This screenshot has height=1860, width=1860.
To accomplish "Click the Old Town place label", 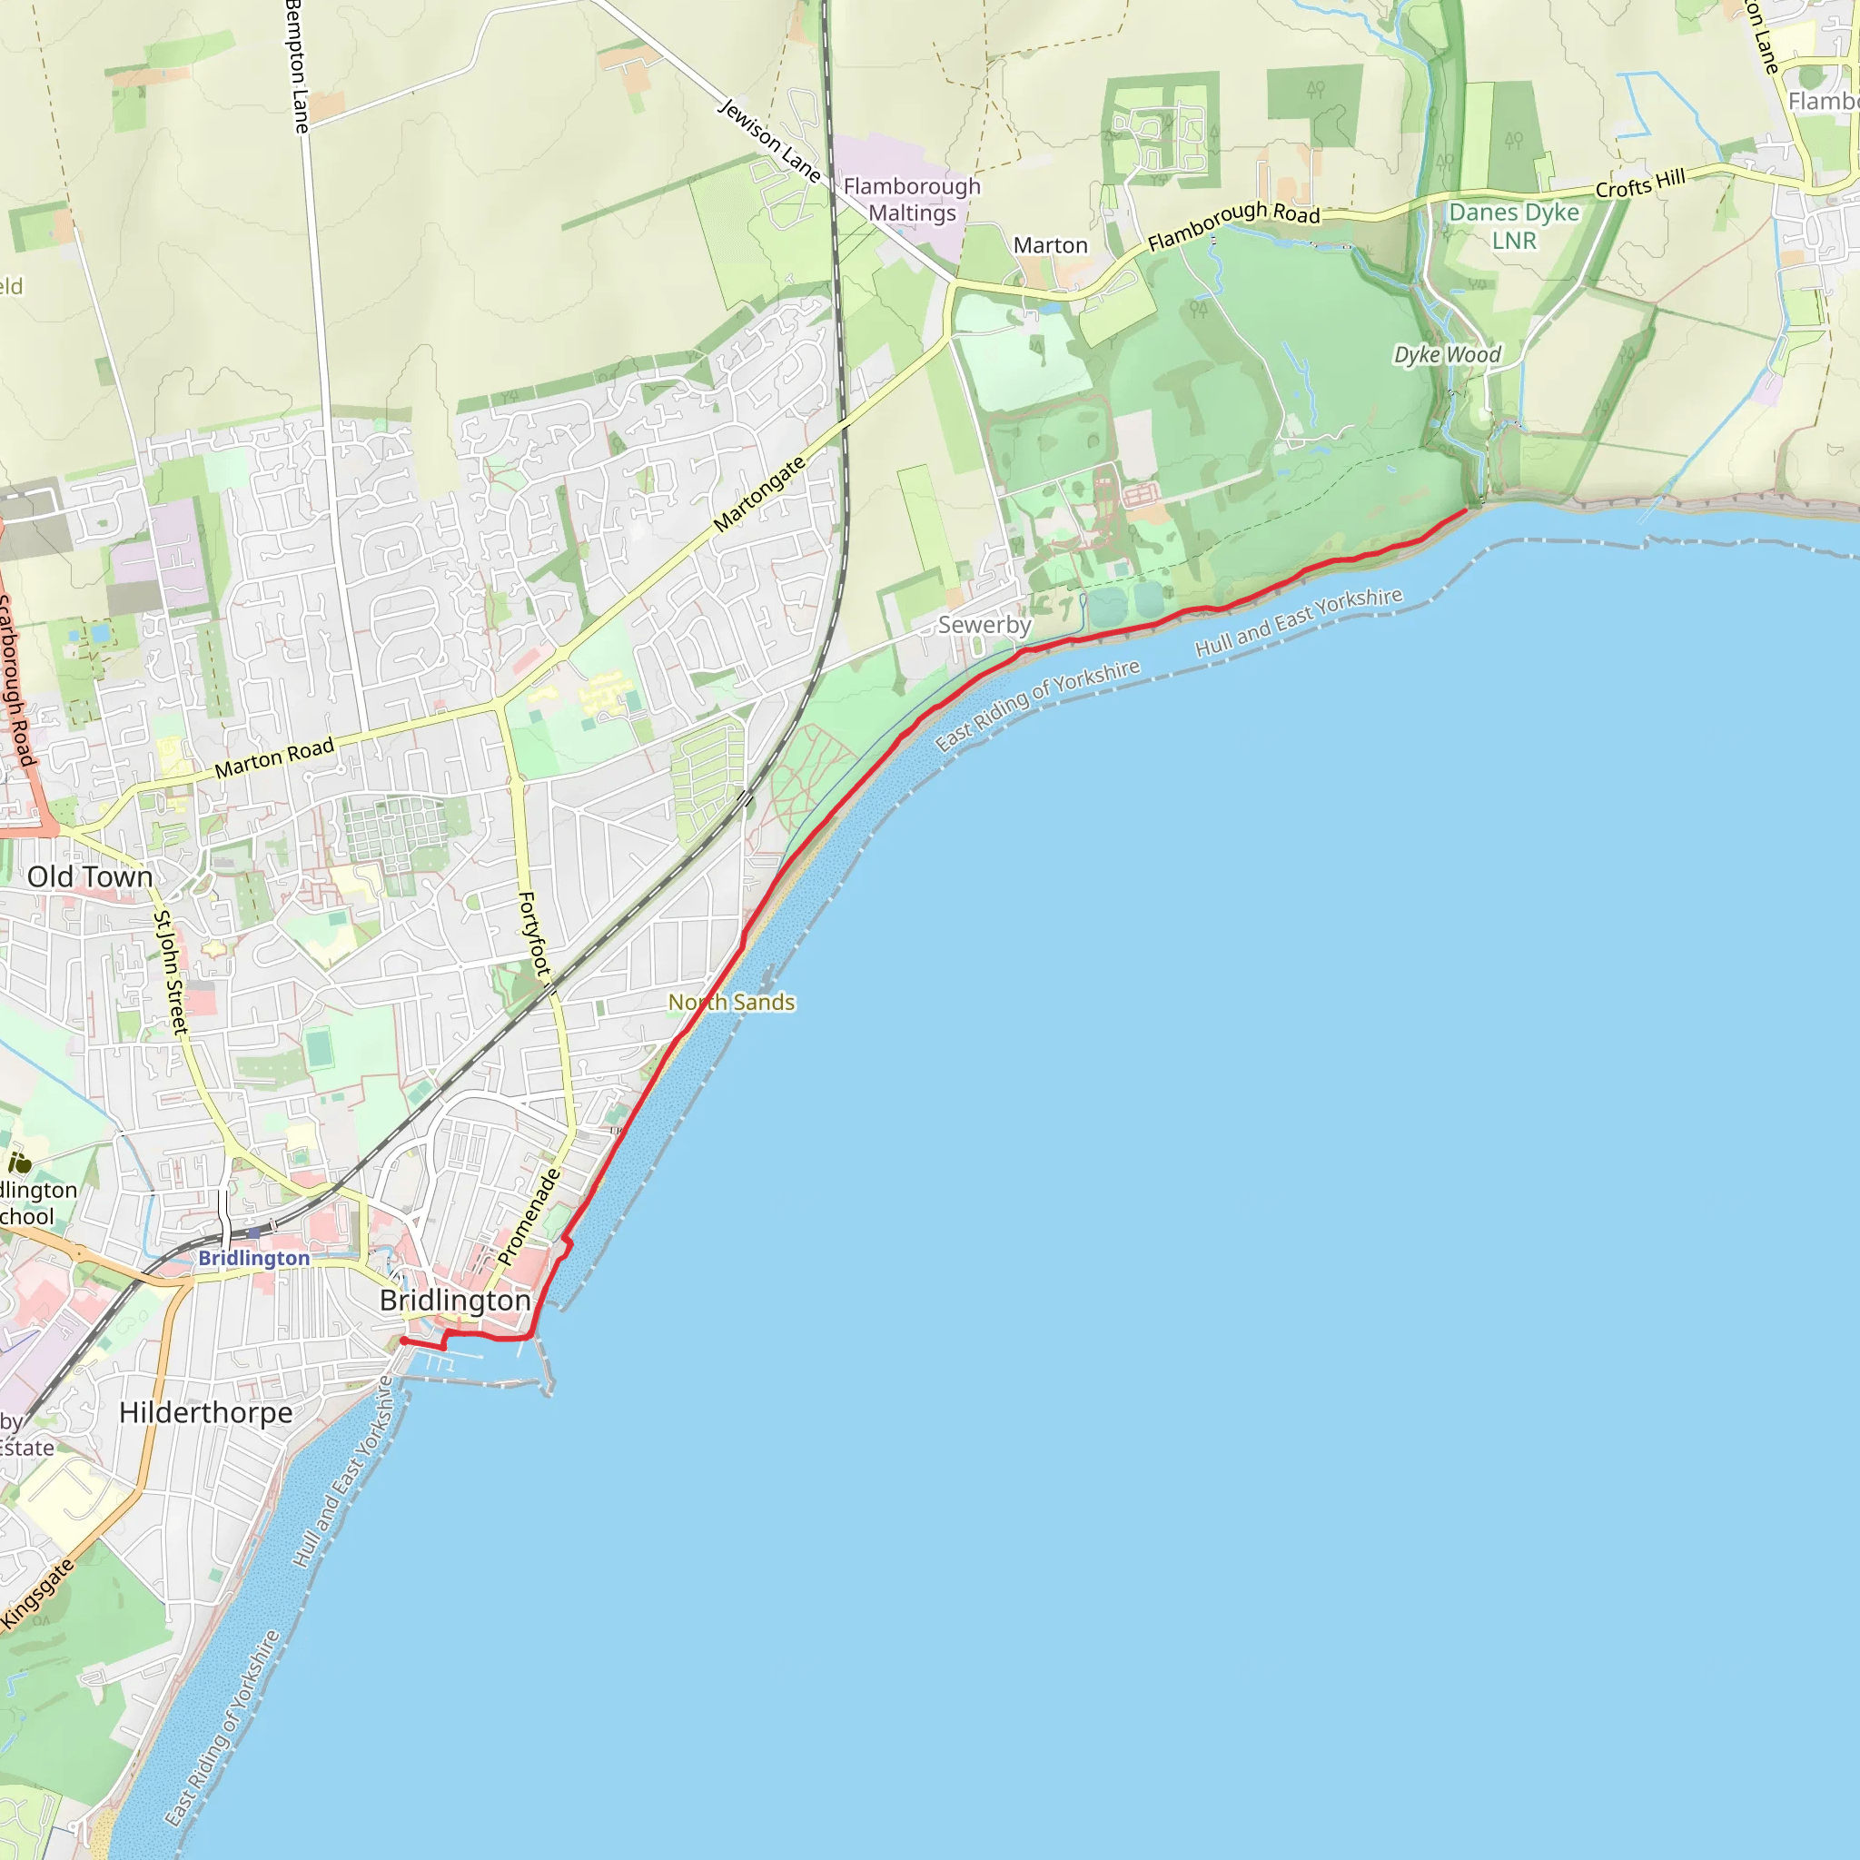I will pyautogui.click(x=90, y=877).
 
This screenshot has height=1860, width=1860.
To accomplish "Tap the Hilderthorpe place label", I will pyautogui.click(x=206, y=1412).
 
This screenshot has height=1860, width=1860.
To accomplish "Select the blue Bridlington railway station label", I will pyautogui.click(x=254, y=1258).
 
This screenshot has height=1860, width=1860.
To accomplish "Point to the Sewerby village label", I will pyautogui.click(x=984, y=625).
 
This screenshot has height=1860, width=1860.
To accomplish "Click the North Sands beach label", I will pyautogui.click(x=732, y=1003).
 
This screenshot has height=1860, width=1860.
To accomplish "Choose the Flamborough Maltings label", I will pyautogui.click(x=912, y=199).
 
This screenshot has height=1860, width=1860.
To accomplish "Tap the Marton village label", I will pyautogui.click(x=1051, y=245).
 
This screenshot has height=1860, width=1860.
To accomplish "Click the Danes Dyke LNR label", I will pyautogui.click(x=1514, y=226).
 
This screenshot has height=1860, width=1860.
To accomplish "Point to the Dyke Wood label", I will pyautogui.click(x=1447, y=355).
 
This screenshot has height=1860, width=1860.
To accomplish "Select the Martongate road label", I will pyautogui.click(x=759, y=495).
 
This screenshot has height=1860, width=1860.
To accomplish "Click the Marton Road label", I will pyautogui.click(x=274, y=757).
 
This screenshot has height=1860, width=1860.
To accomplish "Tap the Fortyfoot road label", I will pyautogui.click(x=534, y=934).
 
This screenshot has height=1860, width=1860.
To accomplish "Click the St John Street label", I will pyautogui.click(x=171, y=973).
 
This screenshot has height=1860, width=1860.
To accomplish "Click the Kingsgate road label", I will pyautogui.click(x=36, y=1595).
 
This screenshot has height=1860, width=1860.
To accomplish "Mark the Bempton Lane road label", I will pyautogui.click(x=298, y=67).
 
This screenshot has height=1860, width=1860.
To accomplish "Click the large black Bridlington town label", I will pyautogui.click(x=454, y=1301).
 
